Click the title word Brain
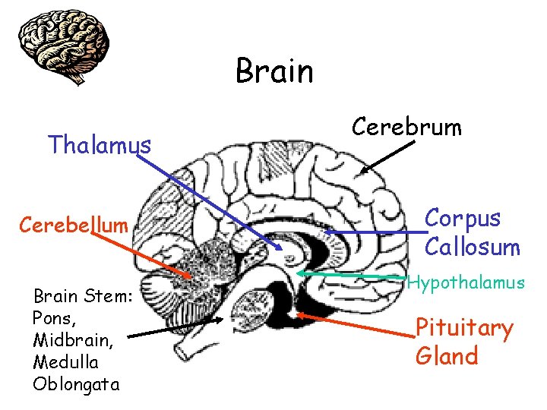[x=274, y=71]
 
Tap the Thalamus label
[x=100, y=143]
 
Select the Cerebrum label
[x=406, y=127]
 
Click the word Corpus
[x=463, y=218]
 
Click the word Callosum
[x=472, y=247]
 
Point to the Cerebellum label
[x=74, y=225]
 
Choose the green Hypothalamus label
[x=466, y=283]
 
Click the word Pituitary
[x=464, y=328]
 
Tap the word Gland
[x=447, y=356]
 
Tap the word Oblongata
[x=76, y=383]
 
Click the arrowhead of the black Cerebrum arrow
[x=362, y=172]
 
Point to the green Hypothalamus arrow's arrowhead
[x=299, y=272]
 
